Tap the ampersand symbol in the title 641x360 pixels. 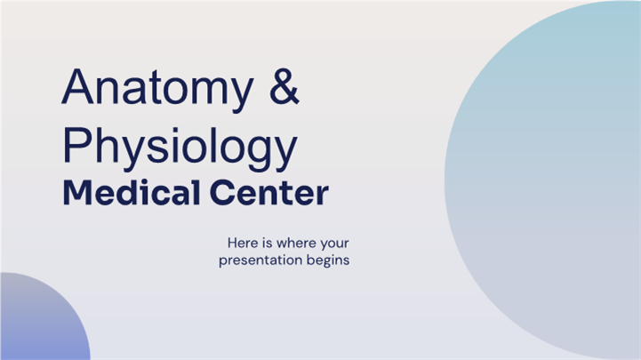pyautogui.click(x=284, y=86)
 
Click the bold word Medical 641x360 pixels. pyautogui.click(x=132, y=192)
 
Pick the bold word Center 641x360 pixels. pyautogui.click(x=269, y=193)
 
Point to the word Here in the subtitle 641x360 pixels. pyautogui.click(x=244, y=243)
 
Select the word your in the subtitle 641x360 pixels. pyautogui.click(x=335, y=244)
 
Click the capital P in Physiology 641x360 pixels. pyautogui.click(x=77, y=145)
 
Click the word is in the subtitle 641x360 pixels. pyautogui.click(x=268, y=243)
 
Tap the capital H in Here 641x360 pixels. pyautogui.click(x=232, y=243)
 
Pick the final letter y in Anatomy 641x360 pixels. pyautogui.click(x=241, y=95)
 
